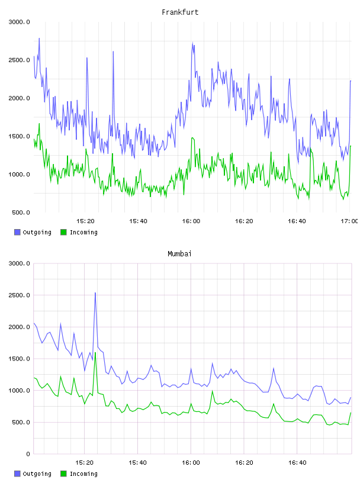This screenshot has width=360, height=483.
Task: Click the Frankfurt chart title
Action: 180,12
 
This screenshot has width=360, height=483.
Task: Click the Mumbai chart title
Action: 179,254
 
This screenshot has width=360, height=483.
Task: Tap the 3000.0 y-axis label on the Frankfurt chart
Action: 19,22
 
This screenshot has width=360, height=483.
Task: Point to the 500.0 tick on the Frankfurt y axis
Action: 21,212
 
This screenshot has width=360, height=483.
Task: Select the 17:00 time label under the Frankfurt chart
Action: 349,221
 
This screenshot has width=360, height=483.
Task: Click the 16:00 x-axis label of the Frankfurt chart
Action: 191,221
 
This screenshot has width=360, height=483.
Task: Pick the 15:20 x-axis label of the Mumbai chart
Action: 85,462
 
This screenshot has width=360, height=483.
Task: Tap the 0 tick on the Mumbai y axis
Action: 28,454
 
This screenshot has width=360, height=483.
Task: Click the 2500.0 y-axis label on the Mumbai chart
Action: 19,295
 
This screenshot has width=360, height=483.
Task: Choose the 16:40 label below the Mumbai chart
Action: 297,462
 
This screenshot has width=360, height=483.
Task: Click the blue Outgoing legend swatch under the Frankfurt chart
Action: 17,232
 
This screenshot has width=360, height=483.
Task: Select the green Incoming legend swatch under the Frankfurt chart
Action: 63,232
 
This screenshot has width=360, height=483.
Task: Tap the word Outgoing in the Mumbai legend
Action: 37,474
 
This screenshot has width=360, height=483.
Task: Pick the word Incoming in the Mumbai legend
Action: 83,474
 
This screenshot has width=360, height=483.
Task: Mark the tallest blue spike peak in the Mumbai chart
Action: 95,292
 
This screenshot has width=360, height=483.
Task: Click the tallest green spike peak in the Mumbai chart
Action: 95,352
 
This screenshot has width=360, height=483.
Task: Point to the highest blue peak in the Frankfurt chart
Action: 39,38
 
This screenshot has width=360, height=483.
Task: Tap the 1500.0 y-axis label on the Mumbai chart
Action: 19,359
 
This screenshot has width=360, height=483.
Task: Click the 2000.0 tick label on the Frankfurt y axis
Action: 19,98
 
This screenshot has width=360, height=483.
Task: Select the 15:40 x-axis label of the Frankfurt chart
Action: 138,221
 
